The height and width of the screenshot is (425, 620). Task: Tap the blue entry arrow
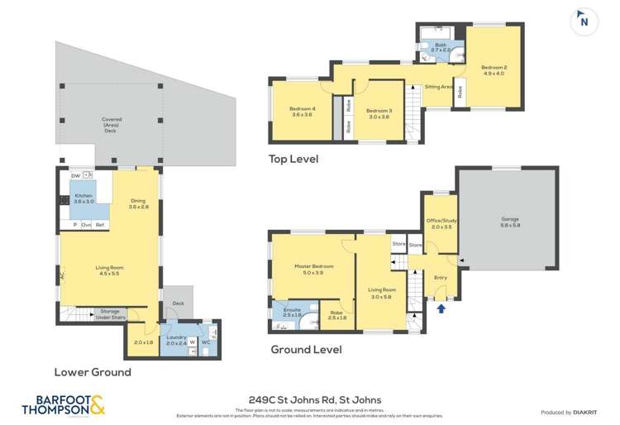441,309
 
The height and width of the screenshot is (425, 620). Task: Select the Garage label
510,220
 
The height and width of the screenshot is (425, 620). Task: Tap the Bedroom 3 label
379,110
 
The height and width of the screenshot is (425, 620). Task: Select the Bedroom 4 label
302,110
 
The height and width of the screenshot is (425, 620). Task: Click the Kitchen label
84,196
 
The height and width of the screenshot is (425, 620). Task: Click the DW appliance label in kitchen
75,175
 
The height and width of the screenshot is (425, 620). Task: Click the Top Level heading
293,159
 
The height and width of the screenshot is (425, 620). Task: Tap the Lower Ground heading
93,372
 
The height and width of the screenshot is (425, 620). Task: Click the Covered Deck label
112,125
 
